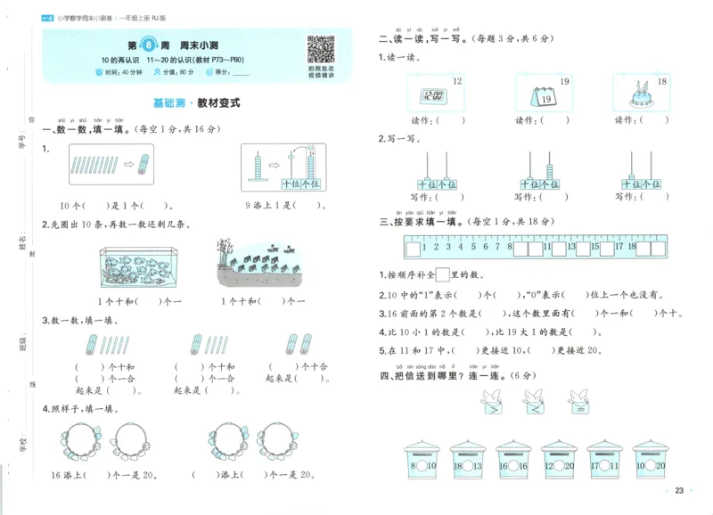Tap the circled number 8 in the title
(x=160, y=45)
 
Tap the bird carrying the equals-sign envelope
(x=578, y=403)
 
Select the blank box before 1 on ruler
(x=412, y=247)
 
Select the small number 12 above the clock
(x=457, y=81)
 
